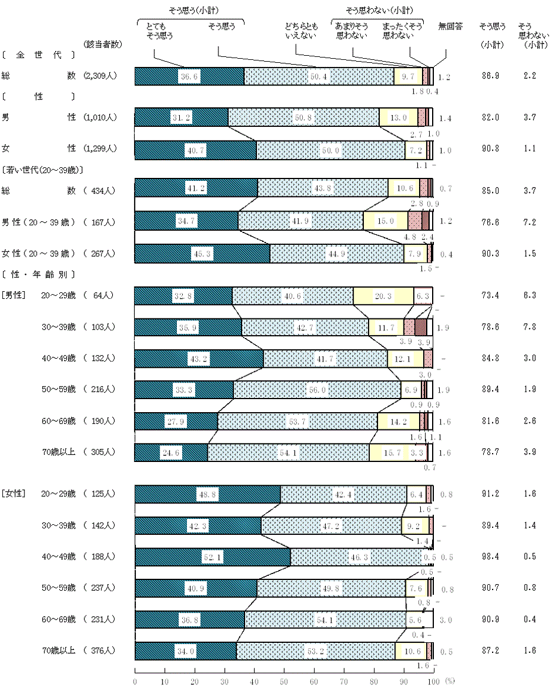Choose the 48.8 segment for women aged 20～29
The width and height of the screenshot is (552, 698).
(208, 494)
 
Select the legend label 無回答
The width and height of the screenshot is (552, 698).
(449, 27)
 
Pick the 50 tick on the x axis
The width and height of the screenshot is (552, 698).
(284, 681)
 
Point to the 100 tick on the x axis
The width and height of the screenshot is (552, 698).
(433, 681)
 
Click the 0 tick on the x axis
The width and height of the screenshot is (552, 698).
(135, 681)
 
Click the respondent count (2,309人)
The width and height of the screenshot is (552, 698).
(100, 76)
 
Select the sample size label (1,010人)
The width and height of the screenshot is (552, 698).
(100, 117)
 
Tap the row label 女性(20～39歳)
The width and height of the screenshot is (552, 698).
(39, 254)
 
